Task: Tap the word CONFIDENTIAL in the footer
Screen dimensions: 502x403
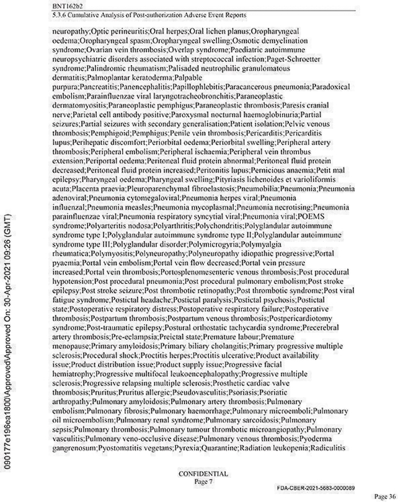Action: (203, 473)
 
